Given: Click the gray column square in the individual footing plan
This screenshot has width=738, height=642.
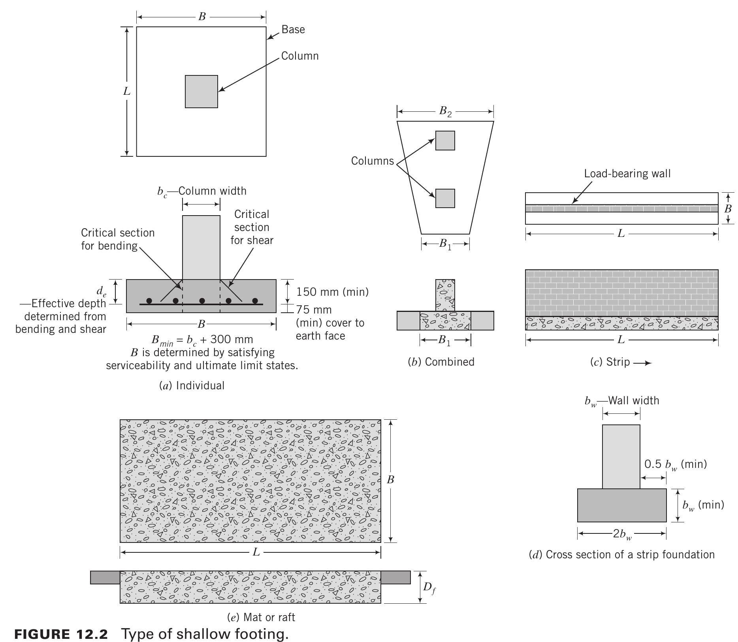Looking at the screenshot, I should coord(201,92).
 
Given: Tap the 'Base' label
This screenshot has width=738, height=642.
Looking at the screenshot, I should coord(293,30).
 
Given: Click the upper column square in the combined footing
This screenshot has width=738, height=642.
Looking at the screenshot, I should coord(445,141).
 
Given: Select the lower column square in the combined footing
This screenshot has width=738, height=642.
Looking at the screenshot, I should coord(445,198).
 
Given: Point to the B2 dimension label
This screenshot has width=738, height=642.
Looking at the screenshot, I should coord(445,112).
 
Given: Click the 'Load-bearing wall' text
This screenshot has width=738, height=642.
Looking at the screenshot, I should coord(627,174).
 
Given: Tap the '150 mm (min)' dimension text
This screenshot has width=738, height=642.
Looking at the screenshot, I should coord(332,292).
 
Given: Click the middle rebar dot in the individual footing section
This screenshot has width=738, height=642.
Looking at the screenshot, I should coord(202,301).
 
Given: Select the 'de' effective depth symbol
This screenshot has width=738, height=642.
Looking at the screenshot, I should coord(101,291).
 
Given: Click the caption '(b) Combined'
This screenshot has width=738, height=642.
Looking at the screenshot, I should coord(441,362).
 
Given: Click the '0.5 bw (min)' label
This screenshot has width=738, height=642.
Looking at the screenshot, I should coord(675,464).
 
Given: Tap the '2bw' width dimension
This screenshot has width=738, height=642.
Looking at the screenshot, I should coord(622,534).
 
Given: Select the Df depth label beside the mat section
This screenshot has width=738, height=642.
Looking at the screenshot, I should coord(429,588).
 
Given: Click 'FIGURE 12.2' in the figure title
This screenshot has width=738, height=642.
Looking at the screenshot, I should coord(61,634).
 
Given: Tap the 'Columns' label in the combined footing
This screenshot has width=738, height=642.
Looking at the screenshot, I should coord(372,161).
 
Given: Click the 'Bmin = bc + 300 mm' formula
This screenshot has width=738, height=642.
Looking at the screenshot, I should coord(202,340).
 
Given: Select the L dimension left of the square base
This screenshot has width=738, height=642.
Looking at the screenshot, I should coord(126,92).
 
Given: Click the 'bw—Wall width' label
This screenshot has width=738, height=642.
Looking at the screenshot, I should coord(621,401).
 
